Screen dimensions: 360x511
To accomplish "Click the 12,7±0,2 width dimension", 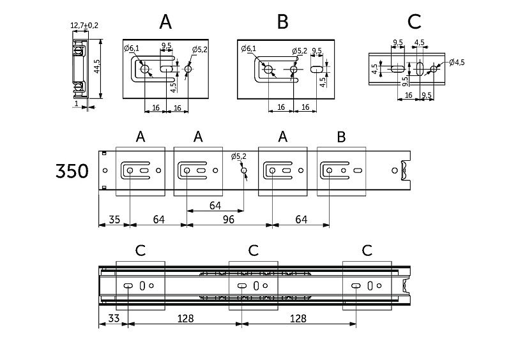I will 84,25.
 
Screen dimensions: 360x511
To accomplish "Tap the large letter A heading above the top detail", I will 165,22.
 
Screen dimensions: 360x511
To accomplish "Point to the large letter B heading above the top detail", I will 283,22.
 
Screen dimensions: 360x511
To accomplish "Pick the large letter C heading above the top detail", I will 414,22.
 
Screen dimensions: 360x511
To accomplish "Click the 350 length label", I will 72,172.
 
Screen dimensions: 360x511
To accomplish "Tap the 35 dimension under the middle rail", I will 114,220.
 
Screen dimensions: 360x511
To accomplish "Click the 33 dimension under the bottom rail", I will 113,318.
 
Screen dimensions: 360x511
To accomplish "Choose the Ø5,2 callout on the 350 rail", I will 238,156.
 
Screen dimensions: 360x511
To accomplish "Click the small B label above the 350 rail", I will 341,137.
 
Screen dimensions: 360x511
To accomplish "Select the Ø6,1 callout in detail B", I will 249,49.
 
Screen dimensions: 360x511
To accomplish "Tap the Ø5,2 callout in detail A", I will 200,49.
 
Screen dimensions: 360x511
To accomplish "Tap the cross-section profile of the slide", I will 80,69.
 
